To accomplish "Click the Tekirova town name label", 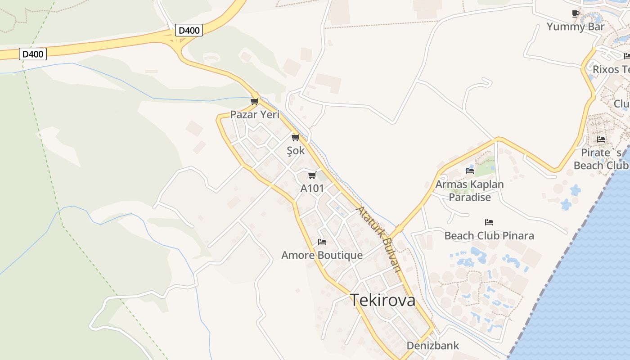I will [x=382, y=300].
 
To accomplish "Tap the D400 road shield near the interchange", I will [x=189, y=31].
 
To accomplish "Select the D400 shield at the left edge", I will [x=33, y=54].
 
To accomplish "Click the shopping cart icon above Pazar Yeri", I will [x=255, y=101].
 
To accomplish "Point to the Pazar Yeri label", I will [x=255, y=114].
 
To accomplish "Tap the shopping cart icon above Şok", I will [x=295, y=137].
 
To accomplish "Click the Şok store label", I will [x=296, y=151].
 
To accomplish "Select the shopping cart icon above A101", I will [x=312, y=175].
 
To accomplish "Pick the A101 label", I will [x=312, y=188].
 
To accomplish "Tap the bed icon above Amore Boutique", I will [x=322, y=242].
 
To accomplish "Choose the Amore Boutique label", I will [x=322, y=256].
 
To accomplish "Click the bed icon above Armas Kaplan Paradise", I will [x=470, y=171].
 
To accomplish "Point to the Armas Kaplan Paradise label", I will [x=469, y=190].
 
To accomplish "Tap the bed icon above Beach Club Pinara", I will [x=489, y=222].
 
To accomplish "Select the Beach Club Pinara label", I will [x=489, y=236].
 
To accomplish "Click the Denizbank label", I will [x=432, y=346].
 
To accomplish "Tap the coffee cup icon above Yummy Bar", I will [x=576, y=13].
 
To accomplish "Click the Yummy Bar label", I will [x=576, y=27].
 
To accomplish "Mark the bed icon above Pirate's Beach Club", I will [x=601, y=139].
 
